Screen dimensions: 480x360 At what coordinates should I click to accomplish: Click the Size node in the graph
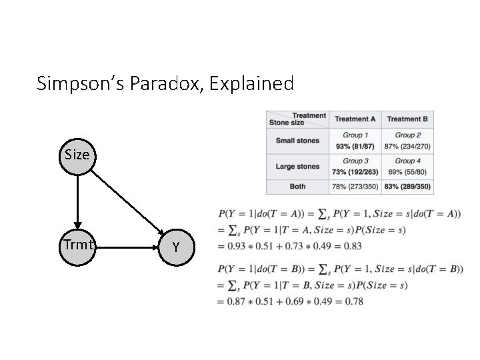tap(77, 155)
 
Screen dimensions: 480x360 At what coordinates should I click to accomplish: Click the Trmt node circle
tap(77, 246)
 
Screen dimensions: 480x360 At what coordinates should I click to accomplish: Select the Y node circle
tap(176, 247)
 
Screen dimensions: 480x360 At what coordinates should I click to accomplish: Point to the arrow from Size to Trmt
tap(77, 200)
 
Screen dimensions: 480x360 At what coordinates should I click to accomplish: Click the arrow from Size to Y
tap(127, 201)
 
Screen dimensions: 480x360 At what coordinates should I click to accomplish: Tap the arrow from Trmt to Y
tap(127, 247)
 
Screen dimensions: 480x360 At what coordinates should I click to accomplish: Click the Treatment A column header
tap(355, 119)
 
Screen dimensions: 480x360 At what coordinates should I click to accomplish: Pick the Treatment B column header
tap(407, 119)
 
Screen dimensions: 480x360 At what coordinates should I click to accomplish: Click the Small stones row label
tap(297, 141)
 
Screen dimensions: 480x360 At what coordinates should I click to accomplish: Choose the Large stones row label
tap(297, 166)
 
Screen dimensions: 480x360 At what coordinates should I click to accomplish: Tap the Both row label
tap(297, 186)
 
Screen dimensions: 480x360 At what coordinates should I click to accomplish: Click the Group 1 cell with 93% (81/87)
tap(355, 141)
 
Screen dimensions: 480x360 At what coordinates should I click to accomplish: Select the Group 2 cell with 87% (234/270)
tap(407, 141)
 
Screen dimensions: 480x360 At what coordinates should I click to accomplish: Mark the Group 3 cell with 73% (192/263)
tap(355, 166)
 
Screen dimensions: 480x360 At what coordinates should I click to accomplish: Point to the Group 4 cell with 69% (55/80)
tap(407, 166)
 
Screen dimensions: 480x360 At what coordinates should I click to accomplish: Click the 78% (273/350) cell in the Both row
tap(355, 186)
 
